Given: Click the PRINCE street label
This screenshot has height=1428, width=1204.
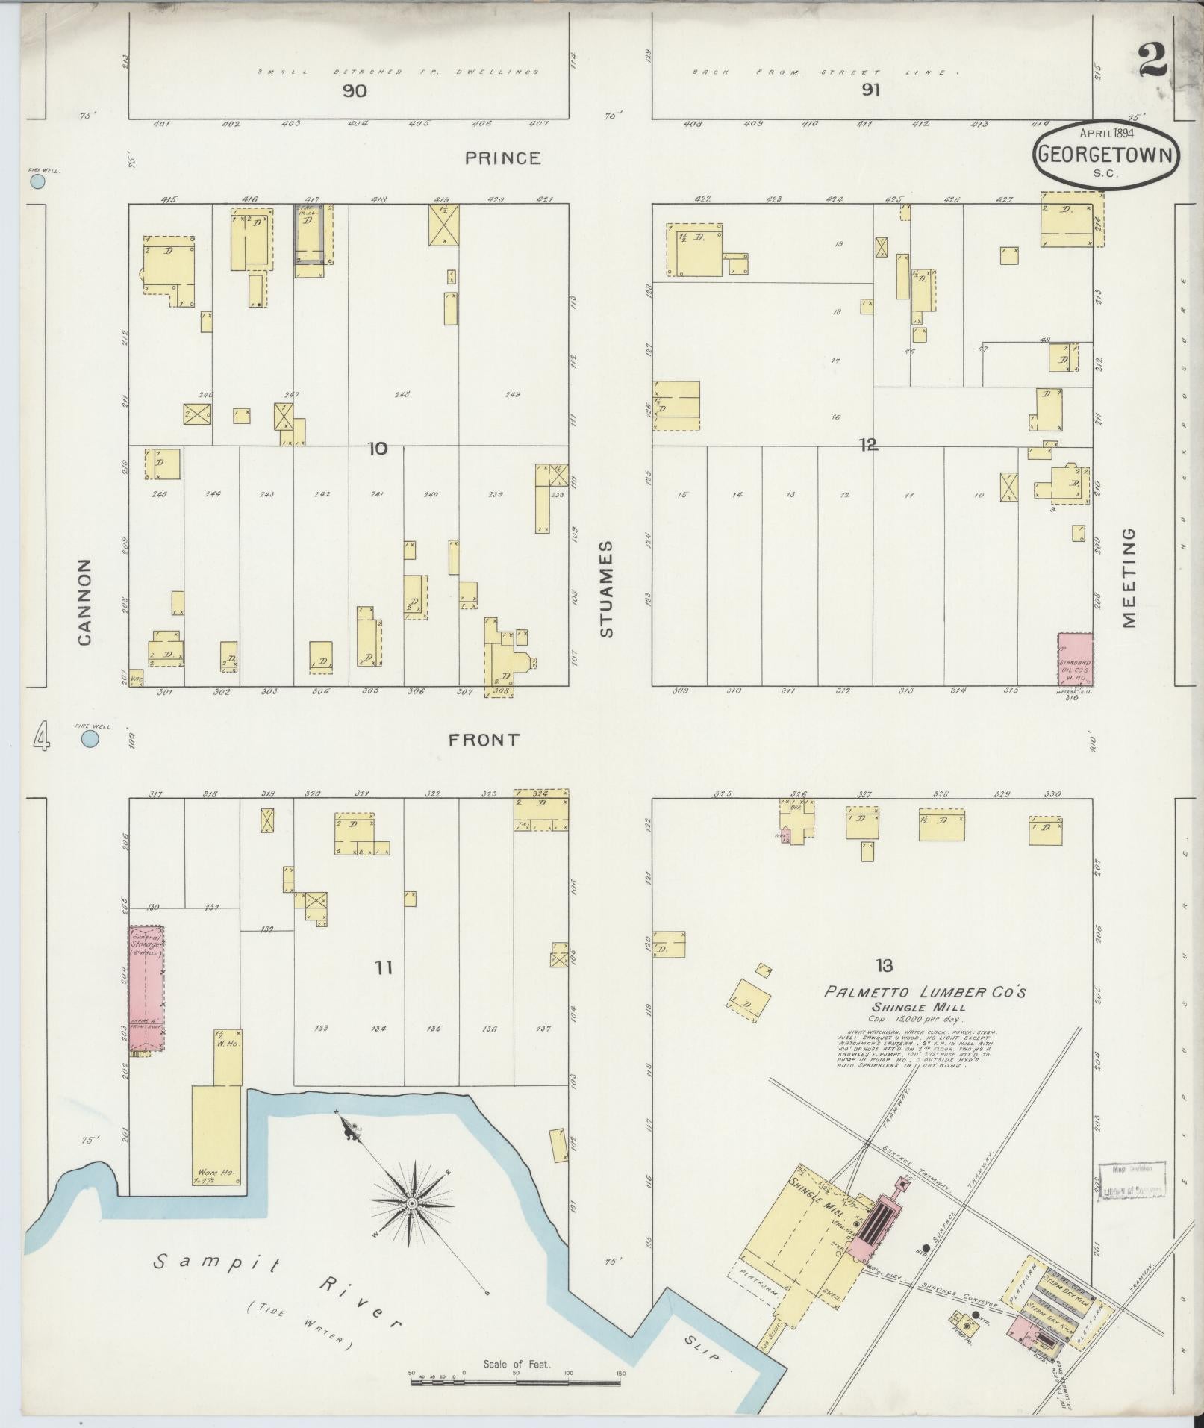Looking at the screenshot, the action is (502, 158).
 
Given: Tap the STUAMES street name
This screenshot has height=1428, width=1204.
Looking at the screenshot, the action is (605, 589).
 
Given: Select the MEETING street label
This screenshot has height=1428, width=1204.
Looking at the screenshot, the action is (1128, 578).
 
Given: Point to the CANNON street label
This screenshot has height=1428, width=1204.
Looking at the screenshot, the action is (84, 602).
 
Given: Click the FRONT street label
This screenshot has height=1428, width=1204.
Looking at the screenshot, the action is (483, 740).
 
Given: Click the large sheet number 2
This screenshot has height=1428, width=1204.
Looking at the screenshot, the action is (1152, 60).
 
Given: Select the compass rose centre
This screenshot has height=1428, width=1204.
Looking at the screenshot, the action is (411, 1203).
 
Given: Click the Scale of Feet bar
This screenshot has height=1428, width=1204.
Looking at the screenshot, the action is (516, 1382).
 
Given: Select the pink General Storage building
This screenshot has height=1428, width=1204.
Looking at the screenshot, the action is (146, 988).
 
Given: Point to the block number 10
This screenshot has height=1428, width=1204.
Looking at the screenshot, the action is (378, 449).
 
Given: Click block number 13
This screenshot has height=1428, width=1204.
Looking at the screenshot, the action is (884, 966).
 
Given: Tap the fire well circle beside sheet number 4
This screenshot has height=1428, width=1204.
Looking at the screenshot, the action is (90, 739).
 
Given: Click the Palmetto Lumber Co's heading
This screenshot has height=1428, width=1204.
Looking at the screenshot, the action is (925, 992).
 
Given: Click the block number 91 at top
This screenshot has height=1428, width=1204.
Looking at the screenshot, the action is (870, 90).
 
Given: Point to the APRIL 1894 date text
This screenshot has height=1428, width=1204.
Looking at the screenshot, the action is (1107, 133).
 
